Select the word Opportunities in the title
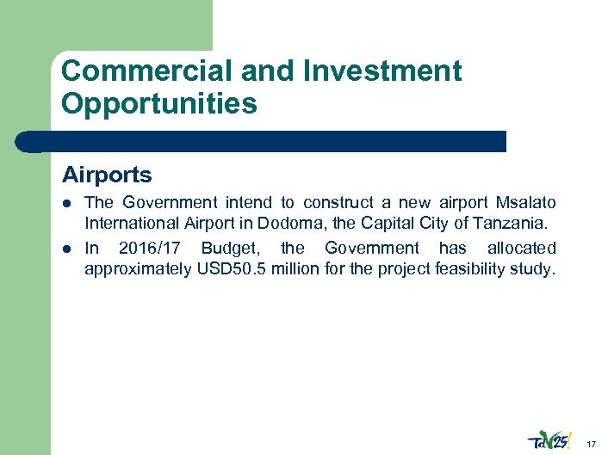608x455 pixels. (159, 104)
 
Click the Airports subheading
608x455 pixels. (107, 175)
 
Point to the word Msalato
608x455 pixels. (526, 203)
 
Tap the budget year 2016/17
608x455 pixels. (148, 248)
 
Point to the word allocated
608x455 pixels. (521, 248)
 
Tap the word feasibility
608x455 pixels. (476, 270)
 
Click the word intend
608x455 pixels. (247, 203)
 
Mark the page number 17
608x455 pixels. (591, 444)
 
